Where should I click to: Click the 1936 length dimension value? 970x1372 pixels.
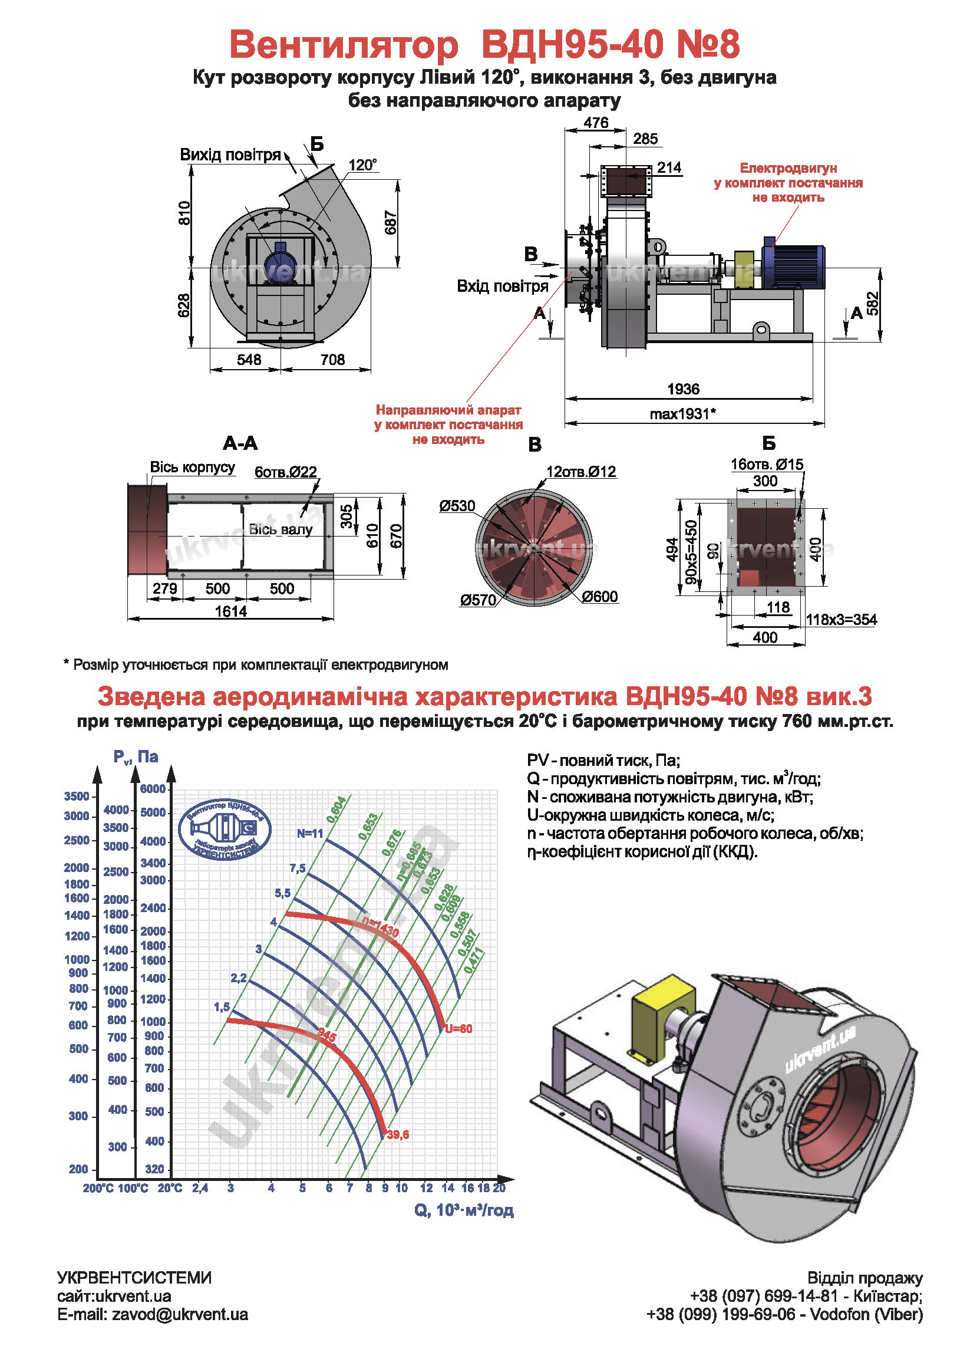(682, 389)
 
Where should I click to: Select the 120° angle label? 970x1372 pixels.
(362, 164)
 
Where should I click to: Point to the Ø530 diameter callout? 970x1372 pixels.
(457, 506)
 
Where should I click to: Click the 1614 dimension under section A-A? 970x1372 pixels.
(231, 611)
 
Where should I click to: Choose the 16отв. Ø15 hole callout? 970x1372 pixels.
(767, 464)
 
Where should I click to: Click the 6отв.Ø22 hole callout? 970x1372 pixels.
(285, 472)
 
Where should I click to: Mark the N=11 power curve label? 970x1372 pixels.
(310, 834)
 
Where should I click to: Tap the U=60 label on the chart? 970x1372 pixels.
(458, 1029)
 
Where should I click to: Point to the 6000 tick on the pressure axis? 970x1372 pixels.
(153, 789)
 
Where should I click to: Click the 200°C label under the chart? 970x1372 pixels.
(98, 1188)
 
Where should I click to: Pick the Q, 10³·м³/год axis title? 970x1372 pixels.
(464, 1210)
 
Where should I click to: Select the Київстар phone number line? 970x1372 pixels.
(806, 1296)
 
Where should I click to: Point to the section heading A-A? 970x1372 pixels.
(240, 443)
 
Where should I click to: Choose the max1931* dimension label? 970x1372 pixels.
(682, 413)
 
